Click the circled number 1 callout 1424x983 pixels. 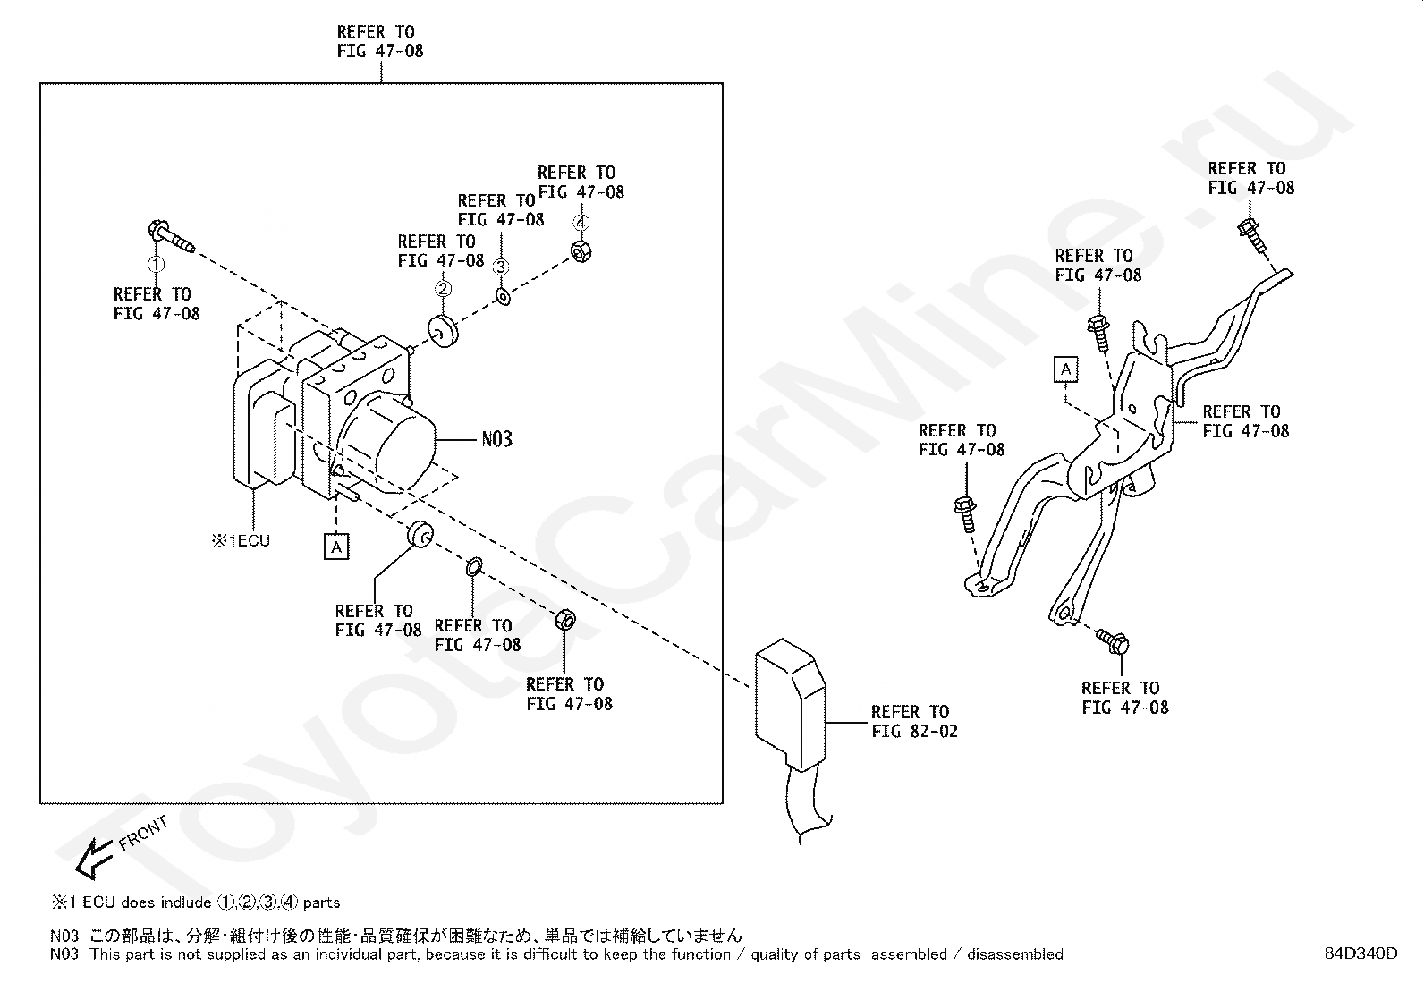tap(157, 265)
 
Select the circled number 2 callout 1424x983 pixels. tap(442, 288)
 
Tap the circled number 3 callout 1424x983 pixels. tap(501, 267)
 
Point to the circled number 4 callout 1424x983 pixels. tap(581, 222)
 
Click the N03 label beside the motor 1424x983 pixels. tap(496, 439)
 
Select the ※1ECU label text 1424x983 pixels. tap(241, 540)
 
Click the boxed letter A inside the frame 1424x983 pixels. tap(336, 546)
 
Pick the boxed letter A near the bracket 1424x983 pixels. tap(1065, 369)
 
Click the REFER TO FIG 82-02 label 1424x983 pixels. tap(913, 722)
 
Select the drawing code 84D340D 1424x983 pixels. tap(1360, 953)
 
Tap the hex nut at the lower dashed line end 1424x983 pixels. tap(565, 619)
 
